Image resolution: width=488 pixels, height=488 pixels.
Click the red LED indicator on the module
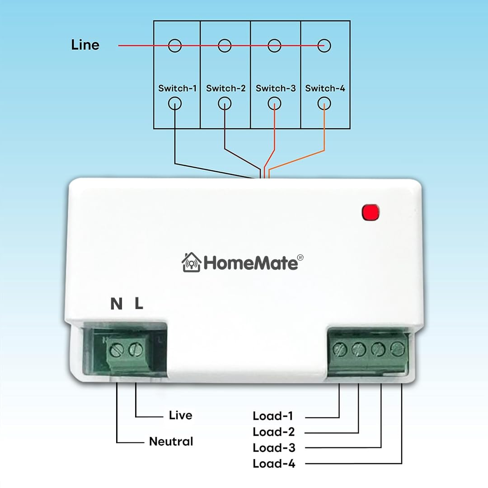coord(371,212)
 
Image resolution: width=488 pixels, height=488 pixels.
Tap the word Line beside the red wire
coord(85,45)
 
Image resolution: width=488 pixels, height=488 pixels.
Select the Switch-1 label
coord(178,88)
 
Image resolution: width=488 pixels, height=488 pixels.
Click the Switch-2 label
coord(226,88)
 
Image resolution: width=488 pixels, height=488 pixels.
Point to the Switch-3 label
coord(276,88)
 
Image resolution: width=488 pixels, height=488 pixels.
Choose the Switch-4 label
coord(325,88)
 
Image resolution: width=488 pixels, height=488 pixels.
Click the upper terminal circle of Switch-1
coord(175,45)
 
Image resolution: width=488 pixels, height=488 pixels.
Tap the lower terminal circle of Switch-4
coord(324,104)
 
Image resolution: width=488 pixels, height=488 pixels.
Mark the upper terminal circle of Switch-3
coord(274,45)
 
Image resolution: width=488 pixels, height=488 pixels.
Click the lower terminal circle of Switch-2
coord(225,104)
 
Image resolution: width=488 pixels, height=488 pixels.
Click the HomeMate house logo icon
coord(191,263)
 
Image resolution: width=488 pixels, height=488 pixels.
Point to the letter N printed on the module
coord(117,304)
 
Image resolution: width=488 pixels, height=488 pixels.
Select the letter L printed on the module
coord(139,304)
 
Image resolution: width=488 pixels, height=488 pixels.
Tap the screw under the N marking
coord(117,349)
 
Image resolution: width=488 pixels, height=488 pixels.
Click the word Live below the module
coord(180,415)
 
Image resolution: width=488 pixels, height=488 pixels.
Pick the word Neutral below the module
coord(171,441)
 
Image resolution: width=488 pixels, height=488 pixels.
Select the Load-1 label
coord(273,416)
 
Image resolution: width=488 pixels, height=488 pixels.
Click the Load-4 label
coord(274,463)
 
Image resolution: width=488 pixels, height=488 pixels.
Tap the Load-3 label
coord(274,448)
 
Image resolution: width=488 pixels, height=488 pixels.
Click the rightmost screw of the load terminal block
coord(397,348)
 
